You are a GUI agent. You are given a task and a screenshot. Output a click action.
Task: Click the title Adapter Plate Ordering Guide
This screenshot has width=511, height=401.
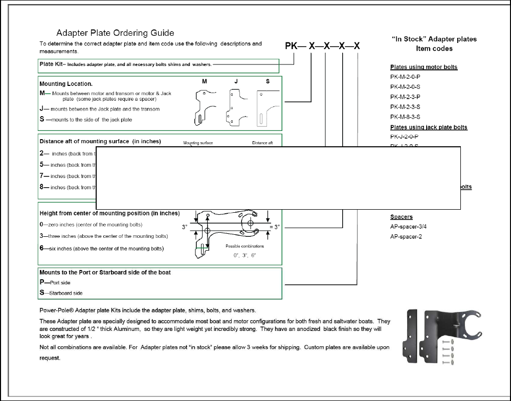tap(115, 33)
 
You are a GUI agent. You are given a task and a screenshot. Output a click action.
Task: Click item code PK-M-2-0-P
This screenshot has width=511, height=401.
tap(405, 77)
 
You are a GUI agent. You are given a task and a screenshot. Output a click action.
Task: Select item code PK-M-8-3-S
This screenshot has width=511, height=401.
tap(405, 117)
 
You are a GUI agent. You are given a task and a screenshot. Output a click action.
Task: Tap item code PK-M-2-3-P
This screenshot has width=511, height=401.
tap(405, 97)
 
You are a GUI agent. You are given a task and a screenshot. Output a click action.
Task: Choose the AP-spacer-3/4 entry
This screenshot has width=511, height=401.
tap(409, 227)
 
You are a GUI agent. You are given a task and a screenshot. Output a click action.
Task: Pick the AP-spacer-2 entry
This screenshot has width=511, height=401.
tap(406, 236)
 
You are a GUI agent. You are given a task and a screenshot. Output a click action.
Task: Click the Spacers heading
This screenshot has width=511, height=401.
tap(401, 217)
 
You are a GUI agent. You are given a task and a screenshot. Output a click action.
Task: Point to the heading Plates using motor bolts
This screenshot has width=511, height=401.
tap(424, 67)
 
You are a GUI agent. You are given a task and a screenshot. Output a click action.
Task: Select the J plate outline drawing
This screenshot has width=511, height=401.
tap(236, 106)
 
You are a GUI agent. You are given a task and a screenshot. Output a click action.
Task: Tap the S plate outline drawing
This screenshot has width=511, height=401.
tap(267, 106)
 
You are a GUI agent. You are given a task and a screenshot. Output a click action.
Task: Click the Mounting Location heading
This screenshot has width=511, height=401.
tap(65, 83)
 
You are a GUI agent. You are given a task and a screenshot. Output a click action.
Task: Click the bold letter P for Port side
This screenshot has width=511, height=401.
tap(42, 282)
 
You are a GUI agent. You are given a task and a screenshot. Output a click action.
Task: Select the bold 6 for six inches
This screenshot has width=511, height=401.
tap(42, 249)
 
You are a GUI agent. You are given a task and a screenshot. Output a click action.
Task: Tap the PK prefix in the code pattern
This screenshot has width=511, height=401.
tap(291, 46)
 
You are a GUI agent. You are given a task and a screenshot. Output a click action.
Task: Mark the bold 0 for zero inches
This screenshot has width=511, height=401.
tap(42, 225)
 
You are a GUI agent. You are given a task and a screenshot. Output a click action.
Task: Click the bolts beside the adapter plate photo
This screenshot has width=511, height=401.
tap(448, 352)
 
